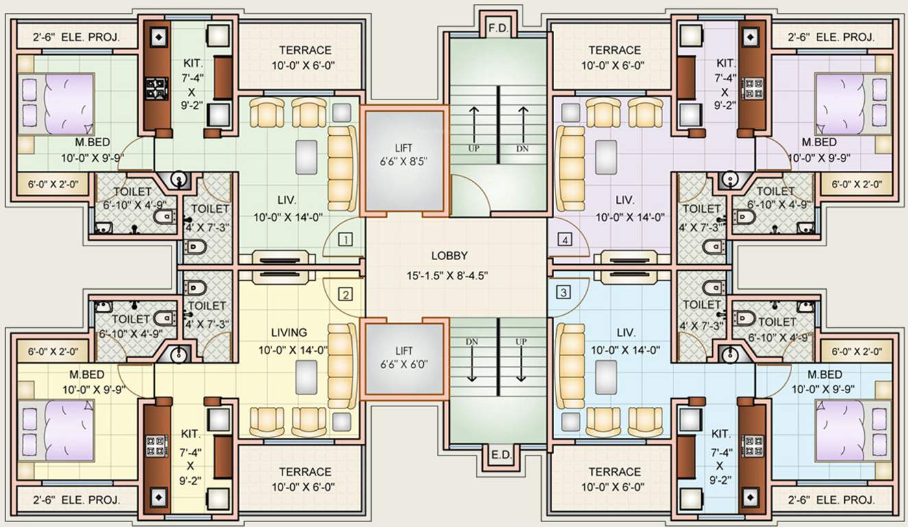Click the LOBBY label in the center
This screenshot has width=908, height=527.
tap(449, 256)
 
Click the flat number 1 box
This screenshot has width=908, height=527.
tap(346, 239)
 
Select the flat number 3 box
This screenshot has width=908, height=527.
tap(564, 292)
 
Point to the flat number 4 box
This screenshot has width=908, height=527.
tap(564, 239)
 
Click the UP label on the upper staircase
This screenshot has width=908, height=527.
tap(473, 148)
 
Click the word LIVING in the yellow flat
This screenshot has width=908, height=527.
tap(289, 333)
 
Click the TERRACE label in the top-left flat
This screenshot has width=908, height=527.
tap(305, 50)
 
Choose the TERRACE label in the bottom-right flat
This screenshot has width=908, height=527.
tap(614, 472)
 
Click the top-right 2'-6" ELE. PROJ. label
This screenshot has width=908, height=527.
tap(831, 37)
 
